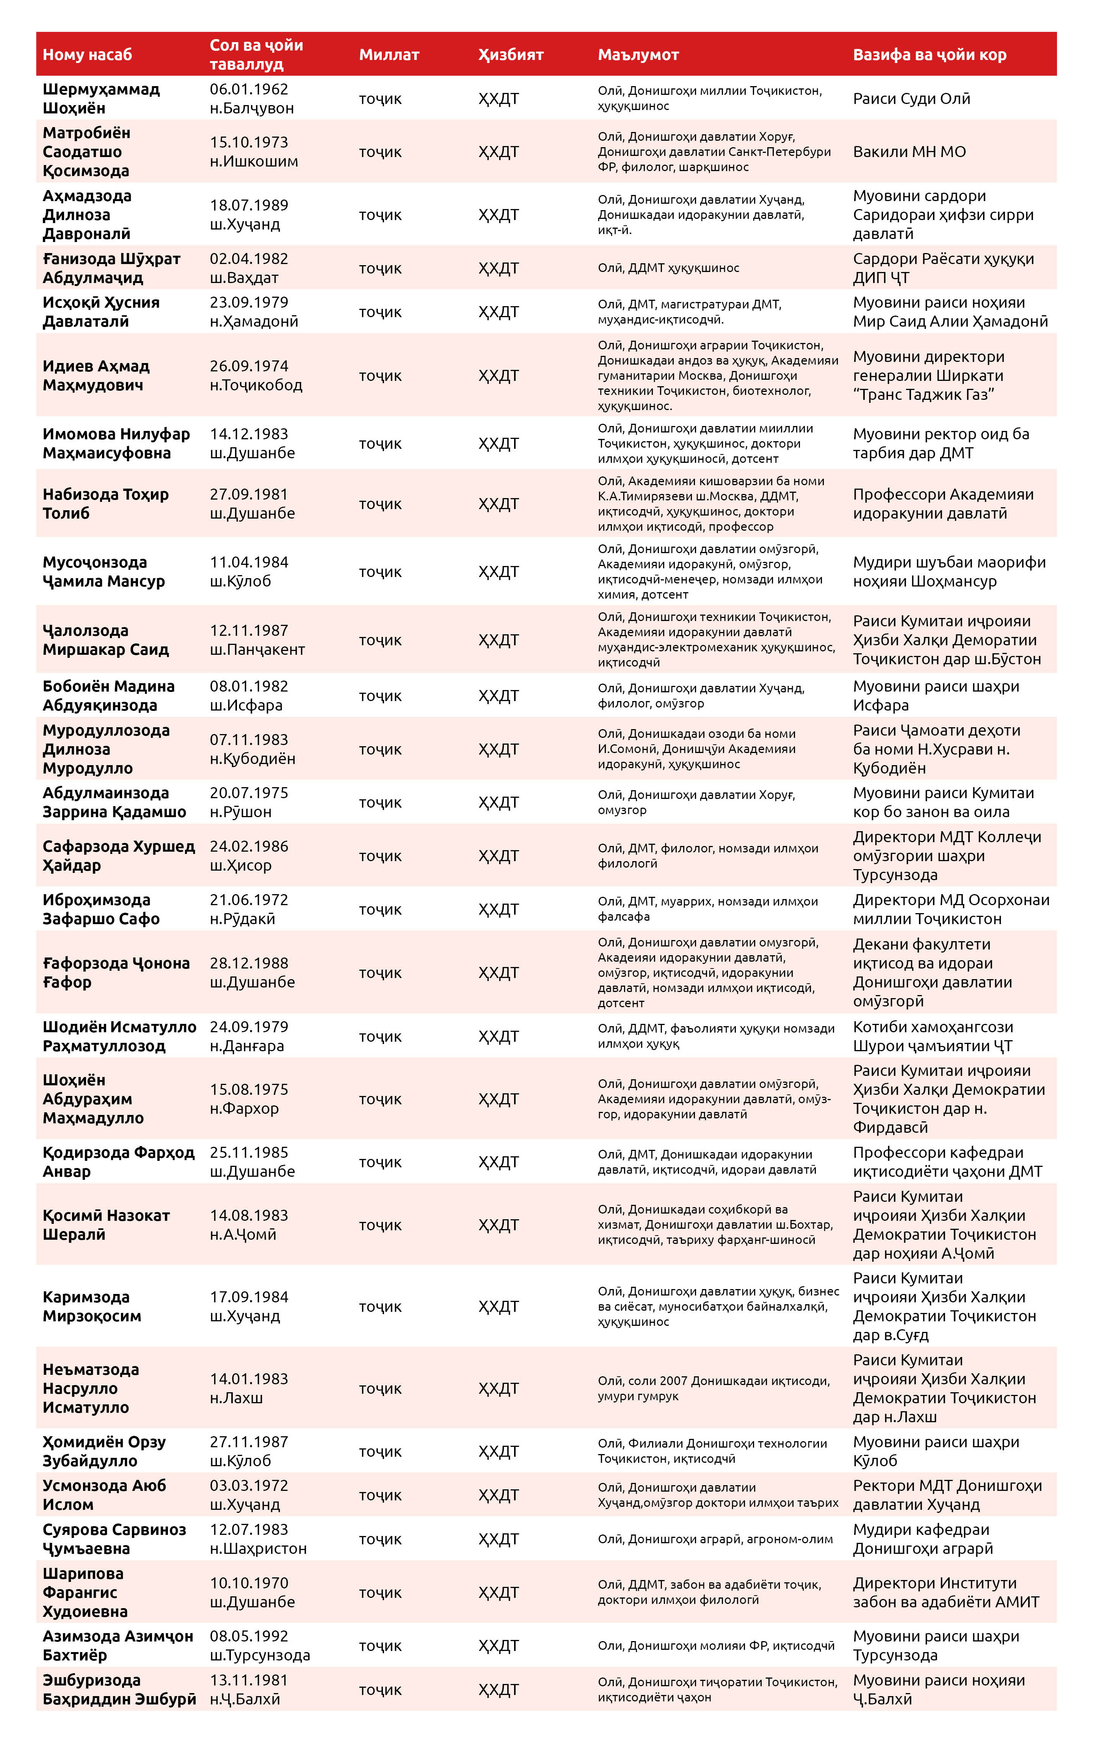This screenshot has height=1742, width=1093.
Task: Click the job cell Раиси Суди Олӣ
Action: click(x=911, y=98)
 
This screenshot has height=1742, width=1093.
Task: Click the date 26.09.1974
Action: click(x=249, y=366)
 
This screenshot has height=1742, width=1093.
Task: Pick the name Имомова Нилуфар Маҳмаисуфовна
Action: click(x=116, y=443)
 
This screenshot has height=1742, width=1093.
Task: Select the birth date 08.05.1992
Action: click(x=249, y=1636)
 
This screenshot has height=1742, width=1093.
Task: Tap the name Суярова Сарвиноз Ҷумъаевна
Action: click(x=113, y=1539)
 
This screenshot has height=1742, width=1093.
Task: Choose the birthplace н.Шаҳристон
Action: click(x=258, y=1548)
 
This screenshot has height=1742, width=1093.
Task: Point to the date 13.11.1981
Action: click(x=249, y=1680)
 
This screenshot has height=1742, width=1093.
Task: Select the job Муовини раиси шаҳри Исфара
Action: click(x=935, y=696)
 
